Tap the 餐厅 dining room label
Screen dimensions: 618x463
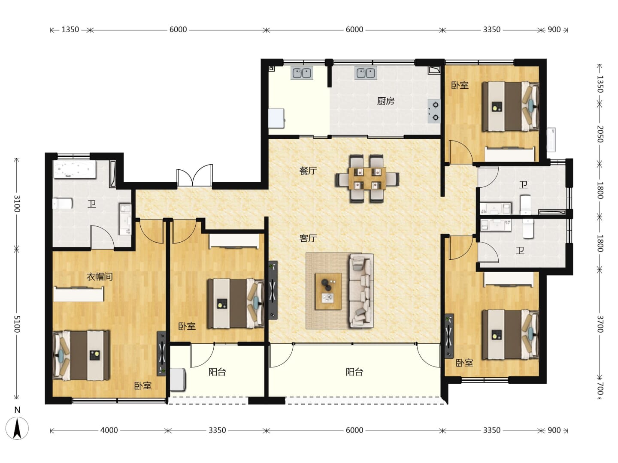(308, 170)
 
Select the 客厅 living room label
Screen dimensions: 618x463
(308, 238)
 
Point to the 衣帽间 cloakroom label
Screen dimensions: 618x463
(99, 277)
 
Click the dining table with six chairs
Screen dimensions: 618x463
(367, 178)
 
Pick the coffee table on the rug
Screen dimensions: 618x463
(328, 291)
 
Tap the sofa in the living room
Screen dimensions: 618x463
(361, 291)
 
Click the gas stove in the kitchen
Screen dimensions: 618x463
(434, 111)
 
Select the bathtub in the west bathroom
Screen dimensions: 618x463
(75, 169)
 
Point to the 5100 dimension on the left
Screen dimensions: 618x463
(17, 324)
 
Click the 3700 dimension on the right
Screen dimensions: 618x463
(600, 324)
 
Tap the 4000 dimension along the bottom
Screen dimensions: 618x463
(109, 430)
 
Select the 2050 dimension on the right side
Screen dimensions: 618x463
(600, 134)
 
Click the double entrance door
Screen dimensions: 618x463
(194, 175)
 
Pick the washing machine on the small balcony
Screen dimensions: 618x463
(178, 379)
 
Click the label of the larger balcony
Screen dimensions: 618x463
(354, 372)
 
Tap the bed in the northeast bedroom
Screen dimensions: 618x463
(510, 107)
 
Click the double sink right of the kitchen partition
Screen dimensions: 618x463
(366, 73)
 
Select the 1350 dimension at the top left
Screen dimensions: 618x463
(70, 30)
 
